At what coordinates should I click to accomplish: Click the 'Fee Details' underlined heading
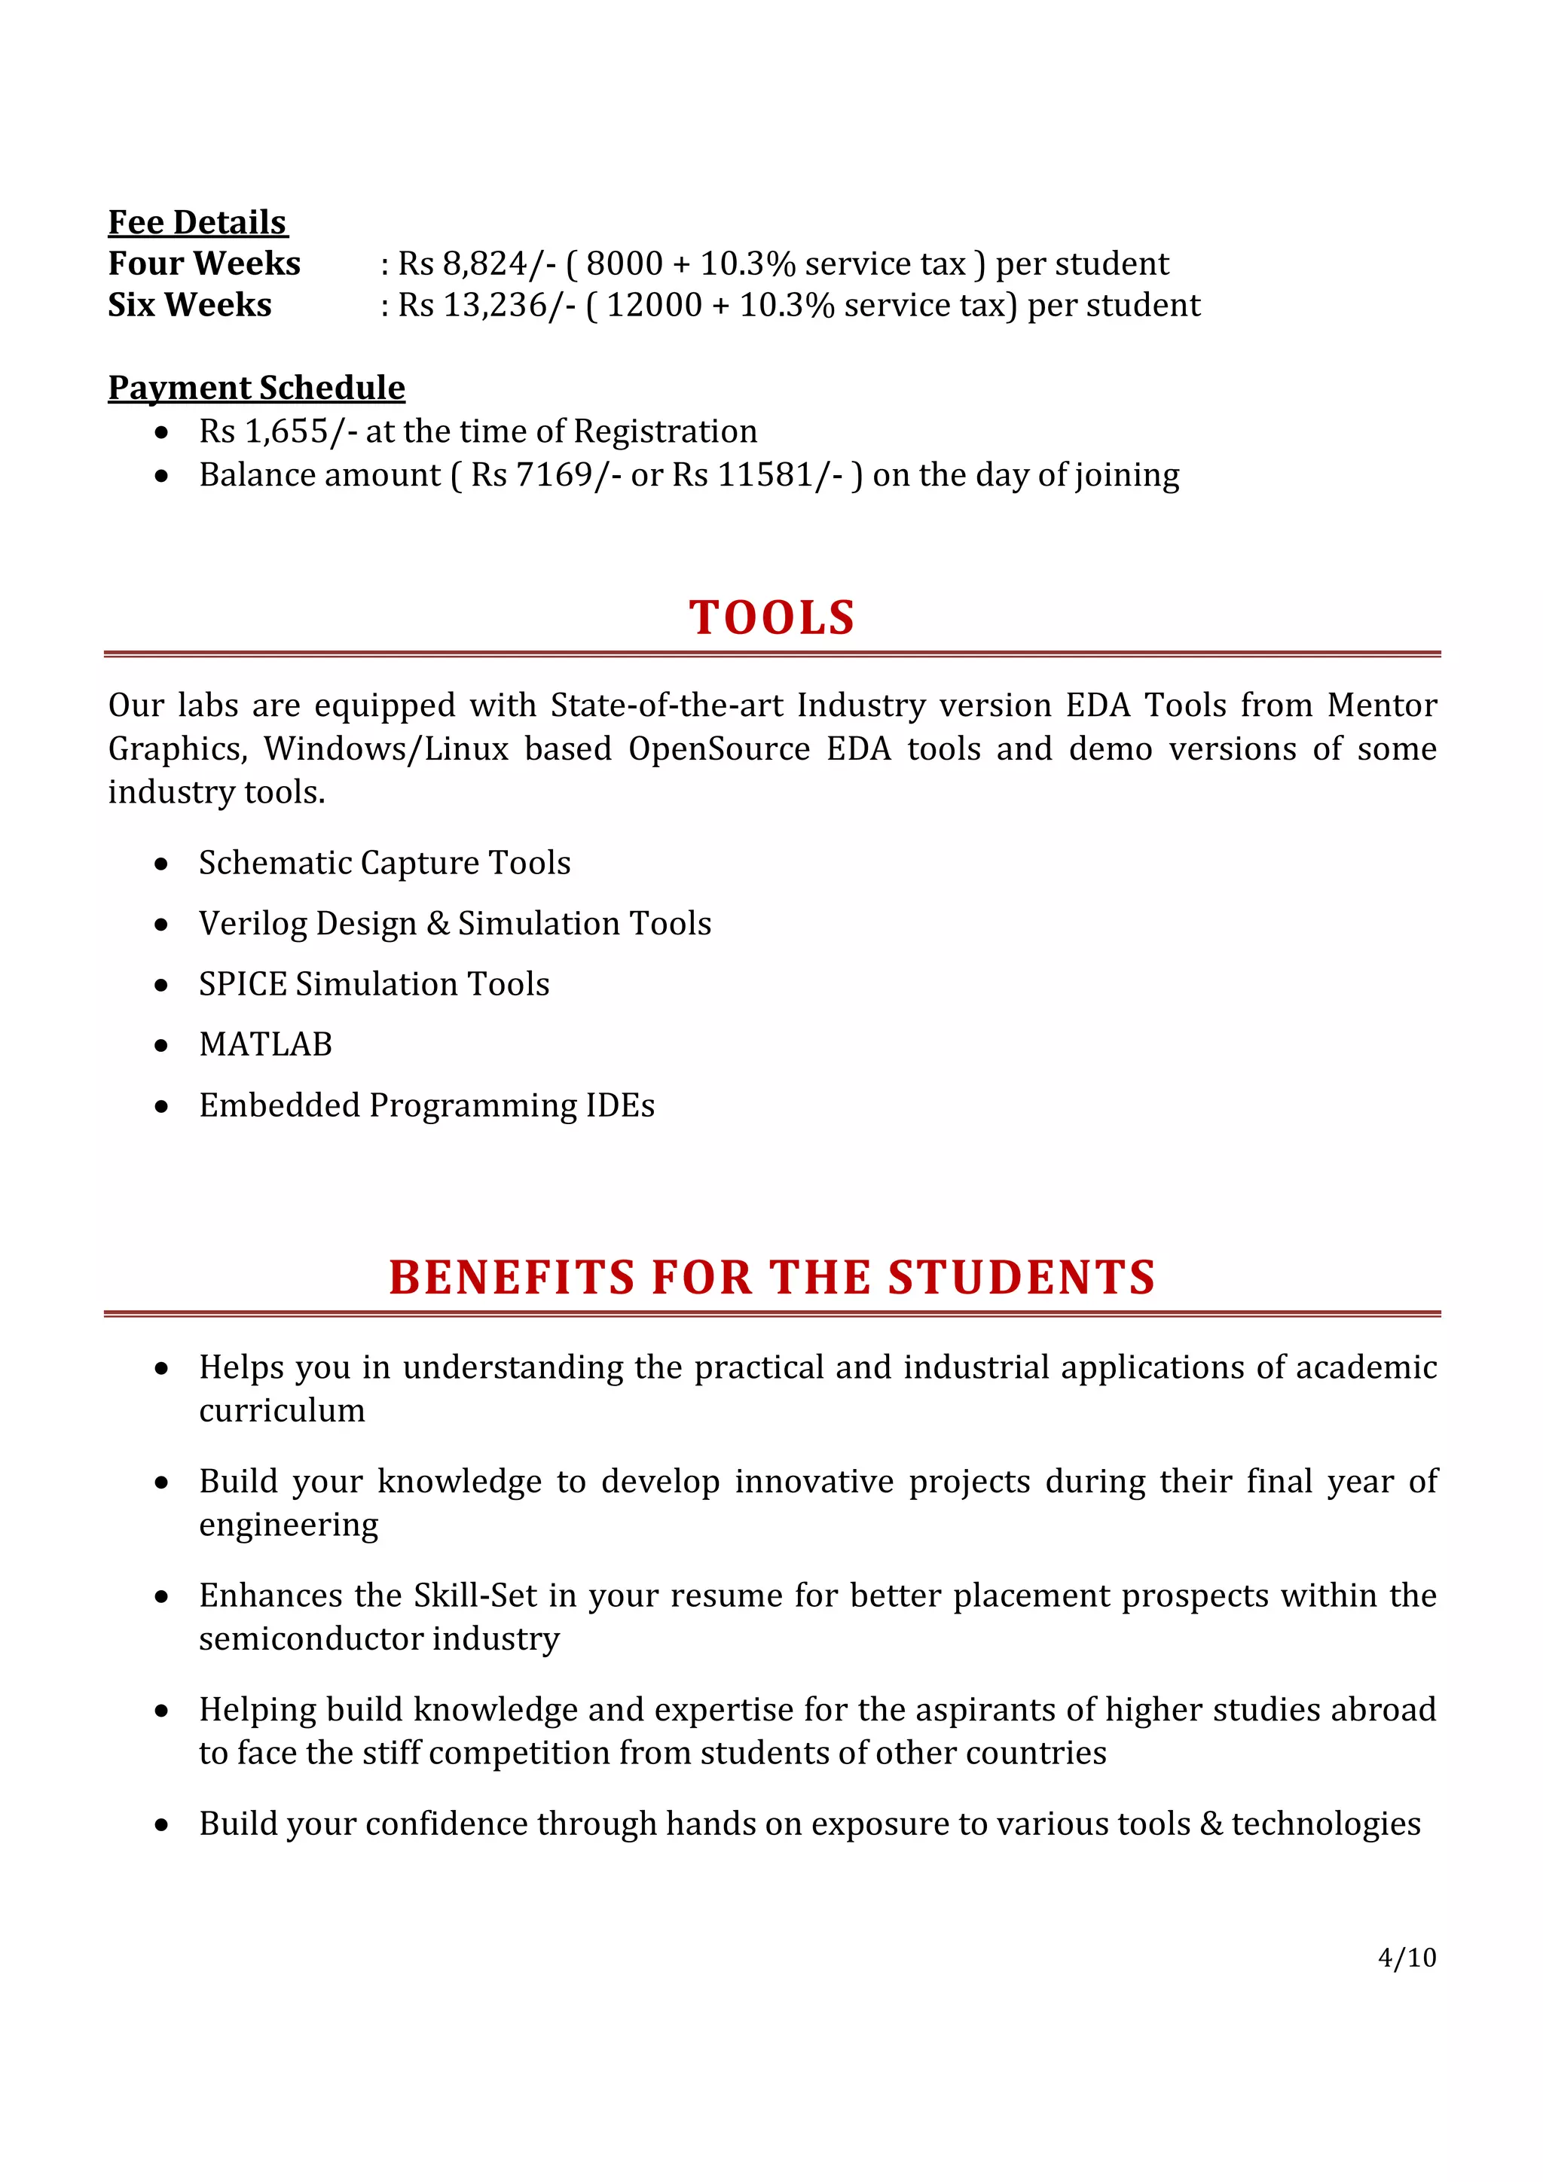pos(197,222)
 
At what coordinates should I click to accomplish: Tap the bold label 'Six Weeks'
pos(189,305)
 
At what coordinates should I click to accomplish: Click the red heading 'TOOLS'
pos(771,617)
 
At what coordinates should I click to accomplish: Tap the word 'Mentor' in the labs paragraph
pos(1380,705)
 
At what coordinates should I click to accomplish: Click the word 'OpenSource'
pos(718,749)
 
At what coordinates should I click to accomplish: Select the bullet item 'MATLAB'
pos(265,1044)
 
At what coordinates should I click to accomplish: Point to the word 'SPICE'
pos(242,983)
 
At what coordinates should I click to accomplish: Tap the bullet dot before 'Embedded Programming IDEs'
pos(162,1106)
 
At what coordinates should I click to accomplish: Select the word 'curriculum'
pos(282,1410)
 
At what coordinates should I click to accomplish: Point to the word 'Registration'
pos(665,431)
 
